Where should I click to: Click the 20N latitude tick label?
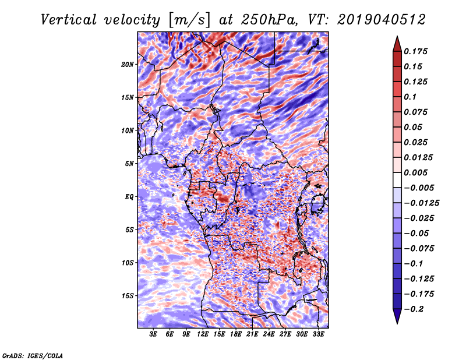[128, 65]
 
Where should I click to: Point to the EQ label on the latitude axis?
[129, 197]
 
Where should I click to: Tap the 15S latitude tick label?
[128, 296]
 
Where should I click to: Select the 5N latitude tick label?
[129, 164]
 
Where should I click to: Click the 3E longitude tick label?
[153, 334]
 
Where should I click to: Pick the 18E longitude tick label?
[236, 334]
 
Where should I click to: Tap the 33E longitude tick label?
[318, 334]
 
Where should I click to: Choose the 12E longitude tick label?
[203, 334]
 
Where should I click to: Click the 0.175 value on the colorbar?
[415, 51]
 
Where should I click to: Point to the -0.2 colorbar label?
[414, 309]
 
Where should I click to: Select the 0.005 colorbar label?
[415, 172]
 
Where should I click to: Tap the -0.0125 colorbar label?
[422, 203]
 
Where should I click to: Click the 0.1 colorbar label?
[410, 97]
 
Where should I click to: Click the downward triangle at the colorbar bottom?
[397, 316]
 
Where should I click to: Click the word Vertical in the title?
[69, 20]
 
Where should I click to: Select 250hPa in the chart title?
[269, 20]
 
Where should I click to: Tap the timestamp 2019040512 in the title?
[382, 20]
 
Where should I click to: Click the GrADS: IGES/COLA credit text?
[33, 355]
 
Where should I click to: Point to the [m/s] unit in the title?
[189, 20]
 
